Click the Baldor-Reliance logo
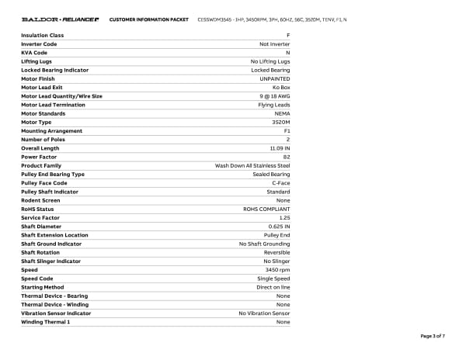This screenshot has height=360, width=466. coord(60,19)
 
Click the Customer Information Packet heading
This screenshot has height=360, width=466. coord(148,19)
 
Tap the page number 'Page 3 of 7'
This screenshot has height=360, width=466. coord(433,336)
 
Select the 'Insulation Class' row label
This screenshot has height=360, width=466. coord(43,36)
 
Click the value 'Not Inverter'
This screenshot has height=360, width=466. coord(275,44)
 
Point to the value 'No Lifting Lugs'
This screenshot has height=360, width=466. coord(270,61)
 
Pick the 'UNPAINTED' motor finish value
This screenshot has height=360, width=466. coord(275,78)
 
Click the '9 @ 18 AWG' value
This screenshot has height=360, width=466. coord(273,96)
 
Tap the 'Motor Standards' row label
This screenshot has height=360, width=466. coord(44,113)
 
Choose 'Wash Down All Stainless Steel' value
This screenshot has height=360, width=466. coord(252,165)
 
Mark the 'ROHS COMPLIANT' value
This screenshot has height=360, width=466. coord(267,209)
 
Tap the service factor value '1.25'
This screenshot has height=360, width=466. coord(284,217)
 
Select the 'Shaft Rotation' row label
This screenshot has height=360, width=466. coord(40,252)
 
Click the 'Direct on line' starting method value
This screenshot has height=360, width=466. coord(274,287)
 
